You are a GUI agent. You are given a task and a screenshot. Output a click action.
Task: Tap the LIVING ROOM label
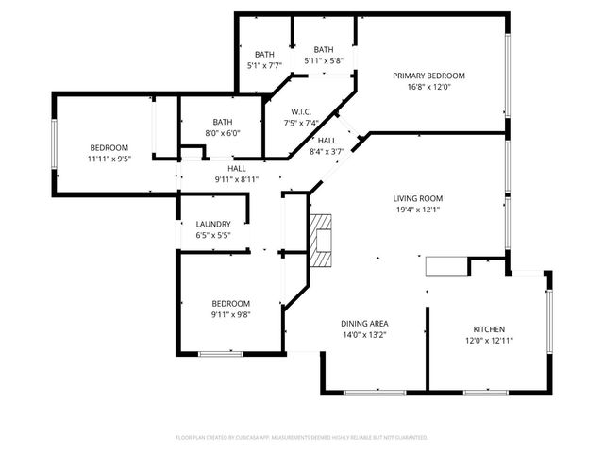(x=418, y=198)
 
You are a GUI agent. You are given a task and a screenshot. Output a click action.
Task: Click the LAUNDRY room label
(x=213, y=224)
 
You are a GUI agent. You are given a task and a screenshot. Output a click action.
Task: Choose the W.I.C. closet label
(x=302, y=111)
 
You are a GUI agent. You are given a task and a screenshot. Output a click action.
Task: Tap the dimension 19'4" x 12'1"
(x=418, y=210)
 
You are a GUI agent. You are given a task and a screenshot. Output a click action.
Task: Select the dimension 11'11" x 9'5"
(x=109, y=159)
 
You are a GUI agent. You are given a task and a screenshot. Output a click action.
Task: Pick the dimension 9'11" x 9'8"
(x=229, y=314)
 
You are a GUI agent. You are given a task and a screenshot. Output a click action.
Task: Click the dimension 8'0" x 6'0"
(x=223, y=133)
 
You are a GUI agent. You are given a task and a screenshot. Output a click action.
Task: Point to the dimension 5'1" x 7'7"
(x=264, y=65)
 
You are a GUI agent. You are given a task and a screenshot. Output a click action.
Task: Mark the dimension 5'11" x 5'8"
(x=324, y=60)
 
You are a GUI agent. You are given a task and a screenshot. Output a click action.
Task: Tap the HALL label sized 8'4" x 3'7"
(x=327, y=141)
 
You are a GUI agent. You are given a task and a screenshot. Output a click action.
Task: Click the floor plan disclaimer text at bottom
(x=302, y=438)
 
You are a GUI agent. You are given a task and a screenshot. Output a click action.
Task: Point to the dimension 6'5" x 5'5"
(x=213, y=235)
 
